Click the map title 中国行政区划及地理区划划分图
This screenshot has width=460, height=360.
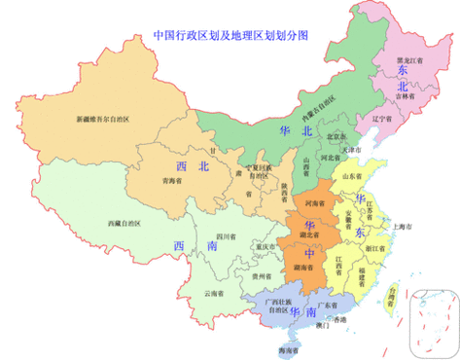(230, 34)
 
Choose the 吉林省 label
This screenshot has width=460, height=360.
(405, 96)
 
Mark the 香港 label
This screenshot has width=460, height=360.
(338, 320)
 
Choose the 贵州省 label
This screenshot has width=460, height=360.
(260, 276)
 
